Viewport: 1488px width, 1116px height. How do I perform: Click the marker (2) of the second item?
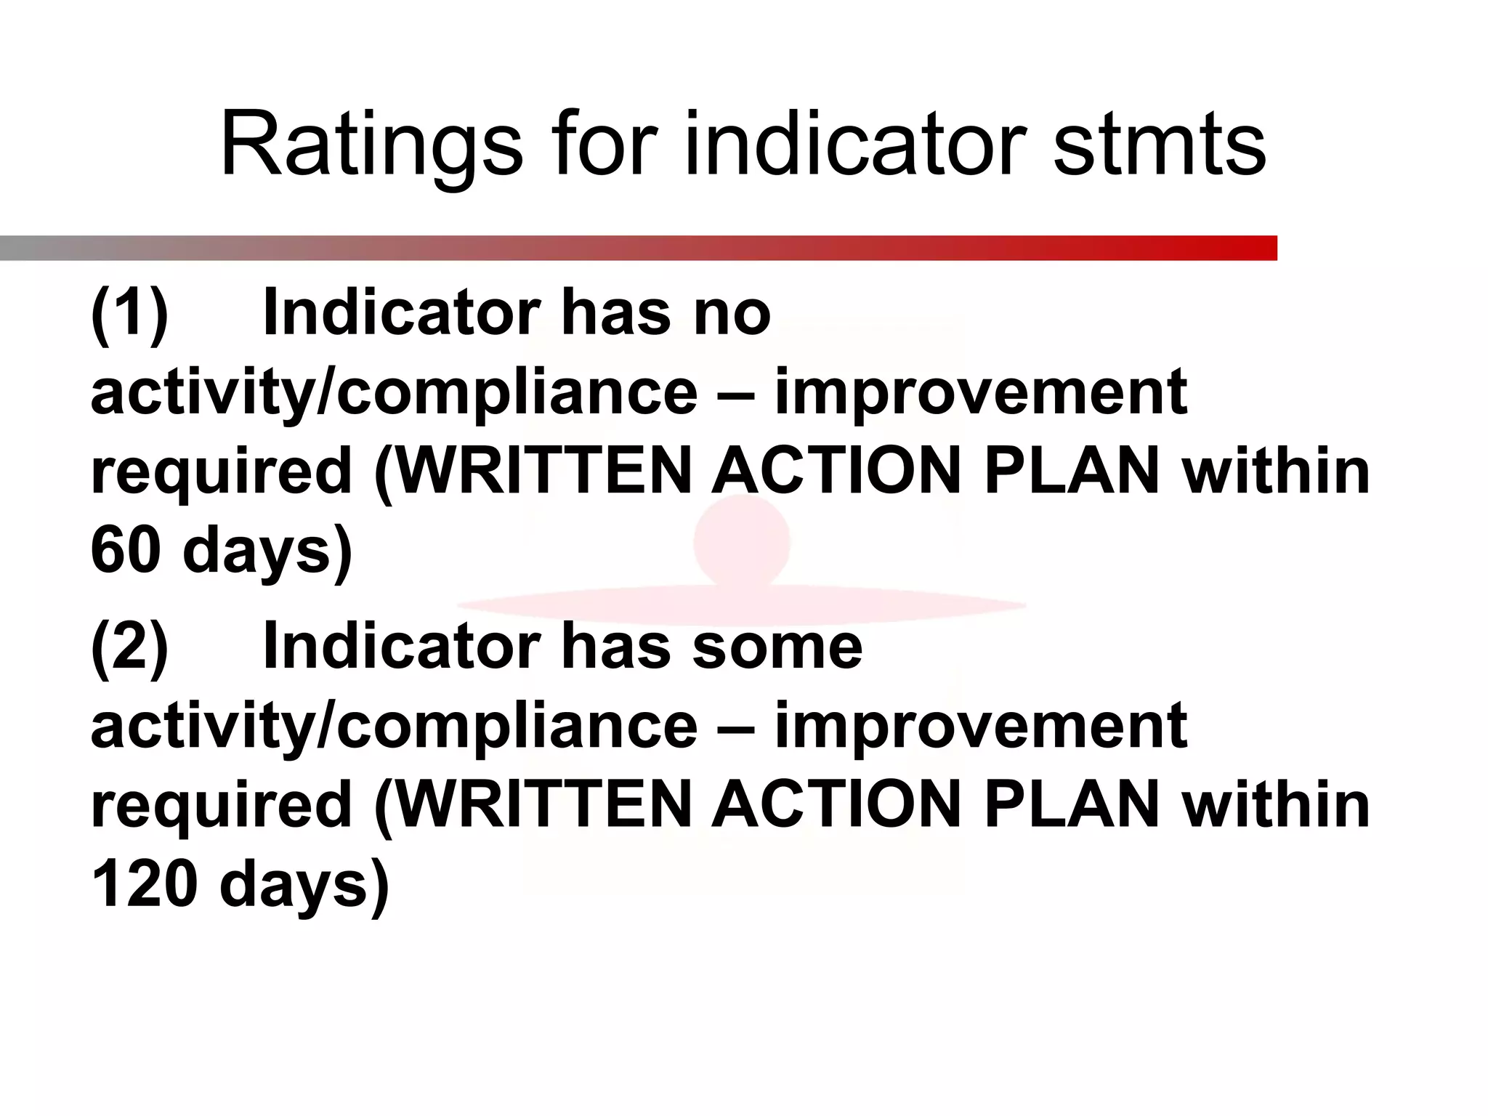(x=129, y=647)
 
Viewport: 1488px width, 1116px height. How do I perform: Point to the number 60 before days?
(x=125, y=550)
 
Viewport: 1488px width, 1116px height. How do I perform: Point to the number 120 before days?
(x=144, y=883)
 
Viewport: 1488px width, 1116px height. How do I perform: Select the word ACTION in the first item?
(x=836, y=472)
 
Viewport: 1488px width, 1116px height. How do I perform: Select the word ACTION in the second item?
(x=836, y=805)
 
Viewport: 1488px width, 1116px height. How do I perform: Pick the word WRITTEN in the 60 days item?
(x=544, y=472)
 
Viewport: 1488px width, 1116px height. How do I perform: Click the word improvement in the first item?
(x=981, y=393)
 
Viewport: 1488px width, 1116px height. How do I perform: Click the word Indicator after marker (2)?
(x=401, y=647)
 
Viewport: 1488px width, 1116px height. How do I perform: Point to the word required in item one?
(x=222, y=472)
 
